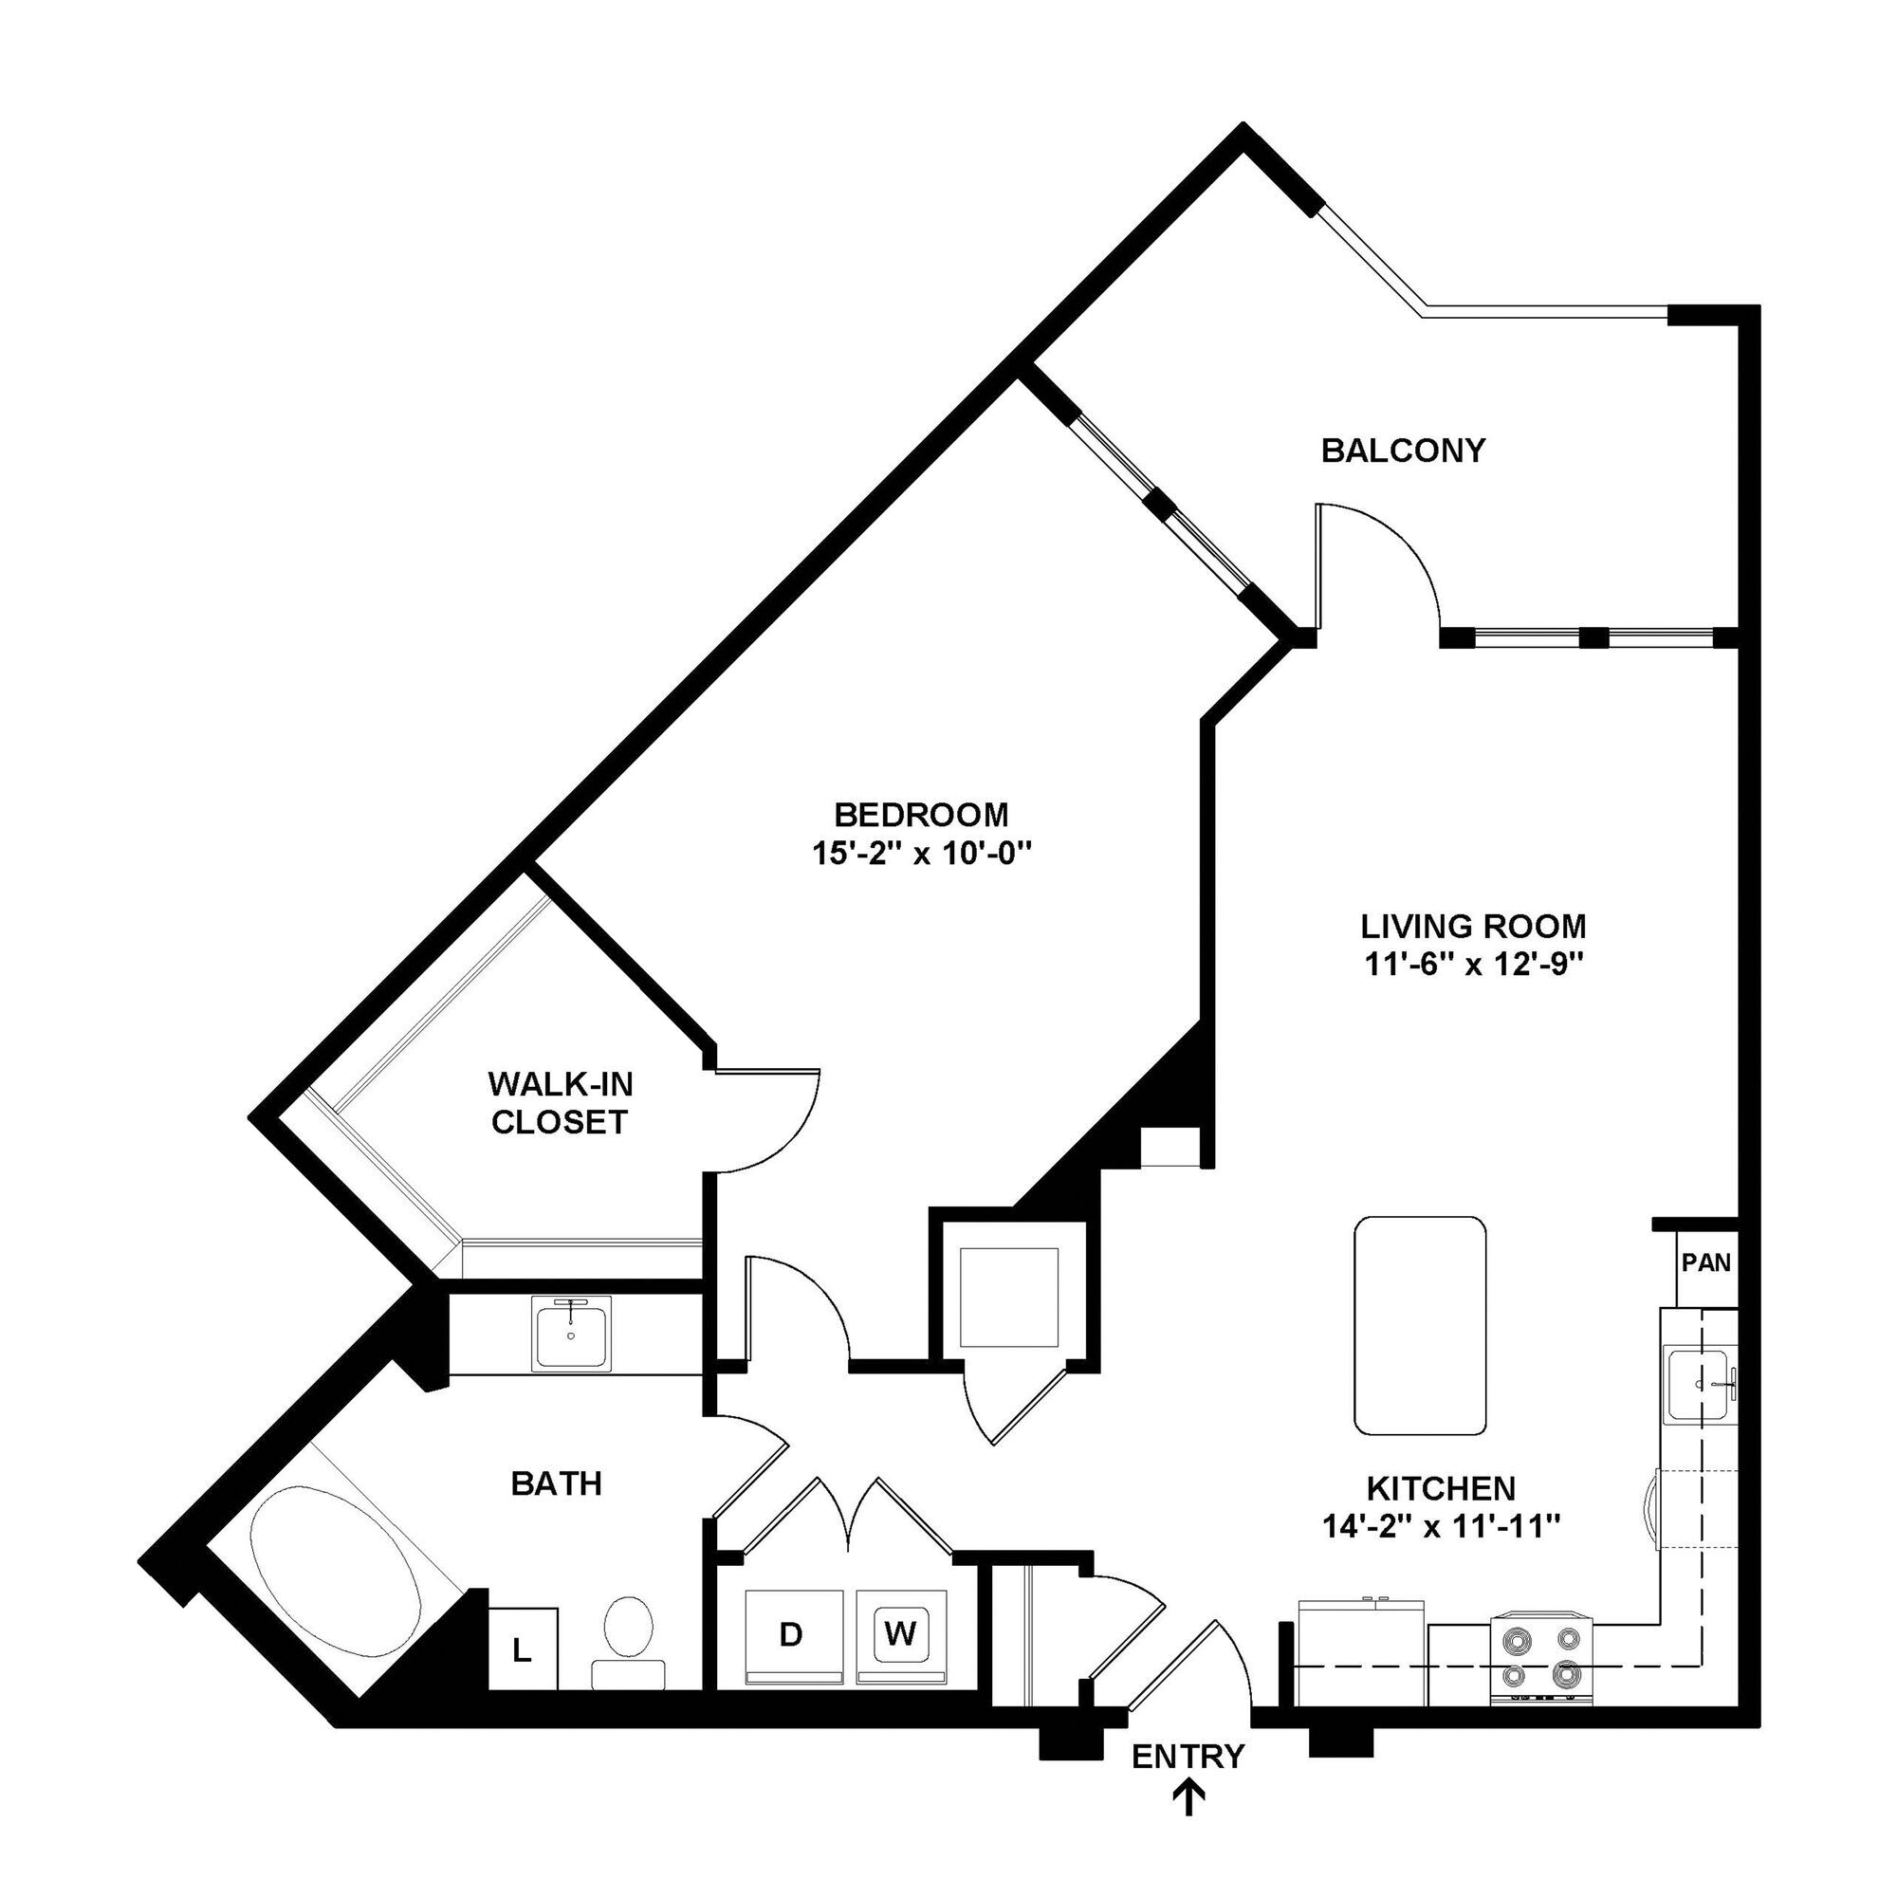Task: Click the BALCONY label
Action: [x=1402, y=451]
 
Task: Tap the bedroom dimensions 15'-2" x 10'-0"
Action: [x=920, y=855]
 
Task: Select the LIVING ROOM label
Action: [x=1473, y=926]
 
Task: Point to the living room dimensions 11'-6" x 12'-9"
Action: [x=1473, y=966]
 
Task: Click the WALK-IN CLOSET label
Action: [x=560, y=1103]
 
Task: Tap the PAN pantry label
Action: [x=1705, y=1262]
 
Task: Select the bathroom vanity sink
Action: [x=571, y=1333]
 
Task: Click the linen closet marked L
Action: [x=523, y=1650]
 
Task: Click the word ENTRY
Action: [x=1188, y=1756]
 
